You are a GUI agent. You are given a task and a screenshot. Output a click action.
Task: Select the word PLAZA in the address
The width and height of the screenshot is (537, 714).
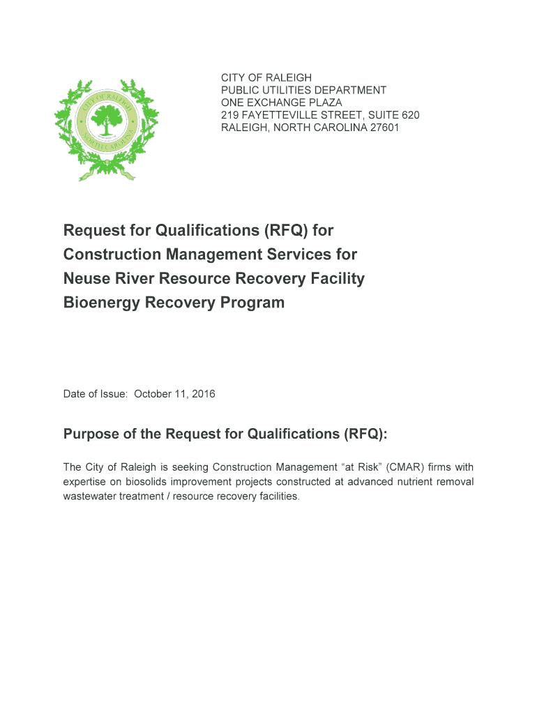(x=324, y=102)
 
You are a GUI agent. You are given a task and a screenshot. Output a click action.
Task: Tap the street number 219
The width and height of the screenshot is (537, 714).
(x=230, y=115)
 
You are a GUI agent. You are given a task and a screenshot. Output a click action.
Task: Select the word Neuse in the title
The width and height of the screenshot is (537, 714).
(x=84, y=278)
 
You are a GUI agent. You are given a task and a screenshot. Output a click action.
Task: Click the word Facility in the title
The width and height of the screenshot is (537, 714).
(x=337, y=278)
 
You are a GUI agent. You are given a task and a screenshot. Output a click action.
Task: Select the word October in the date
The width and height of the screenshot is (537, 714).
(x=156, y=394)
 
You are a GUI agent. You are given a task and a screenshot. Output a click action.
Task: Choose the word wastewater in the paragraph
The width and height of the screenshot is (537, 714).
(x=91, y=496)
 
